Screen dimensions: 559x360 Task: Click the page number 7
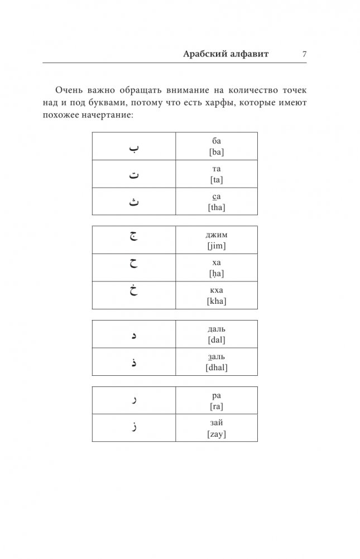tap(304, 54)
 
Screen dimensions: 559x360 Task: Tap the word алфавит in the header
tap(249, 54)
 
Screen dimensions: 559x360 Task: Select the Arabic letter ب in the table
tap(134, 147)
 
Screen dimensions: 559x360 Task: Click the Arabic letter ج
tap(134, 238)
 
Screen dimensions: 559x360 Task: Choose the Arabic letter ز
tap(134, 428)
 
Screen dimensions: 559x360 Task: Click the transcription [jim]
tap(217, 246)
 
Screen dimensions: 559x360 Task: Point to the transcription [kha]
tap(217, 301)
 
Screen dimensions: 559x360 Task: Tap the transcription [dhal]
tap(217, 367)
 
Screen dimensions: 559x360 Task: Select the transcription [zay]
tap(217, 434)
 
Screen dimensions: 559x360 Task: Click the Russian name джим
tap(217, 235)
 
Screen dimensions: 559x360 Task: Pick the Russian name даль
tap(217, 329)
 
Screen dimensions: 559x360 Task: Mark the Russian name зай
tap(217, 423)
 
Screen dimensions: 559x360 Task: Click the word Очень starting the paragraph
tap(69, 90)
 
